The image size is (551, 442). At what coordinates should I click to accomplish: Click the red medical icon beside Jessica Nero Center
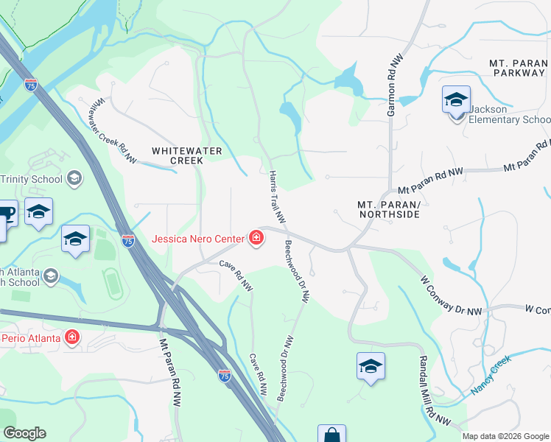point(256,237)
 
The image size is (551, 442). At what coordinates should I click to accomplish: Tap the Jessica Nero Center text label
point(199,238)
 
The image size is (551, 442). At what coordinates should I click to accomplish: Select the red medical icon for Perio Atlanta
point(72,338)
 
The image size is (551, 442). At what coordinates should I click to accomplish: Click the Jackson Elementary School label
point(509,114)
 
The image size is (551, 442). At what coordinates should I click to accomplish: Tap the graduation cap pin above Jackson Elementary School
point(456,99)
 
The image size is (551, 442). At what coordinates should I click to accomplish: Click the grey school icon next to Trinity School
point(74,178)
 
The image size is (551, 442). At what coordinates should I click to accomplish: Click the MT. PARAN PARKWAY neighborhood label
point(517,69)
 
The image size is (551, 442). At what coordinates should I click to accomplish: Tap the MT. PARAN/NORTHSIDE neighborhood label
point(388,208)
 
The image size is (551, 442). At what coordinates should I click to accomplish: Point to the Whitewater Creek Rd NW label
point(115,133)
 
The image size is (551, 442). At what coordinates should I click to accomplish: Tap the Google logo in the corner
point(24,433)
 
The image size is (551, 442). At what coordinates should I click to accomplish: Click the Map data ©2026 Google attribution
point(505,436)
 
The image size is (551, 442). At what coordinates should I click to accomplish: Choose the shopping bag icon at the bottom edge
point(331,435)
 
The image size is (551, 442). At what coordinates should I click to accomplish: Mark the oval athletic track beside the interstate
point(113,284)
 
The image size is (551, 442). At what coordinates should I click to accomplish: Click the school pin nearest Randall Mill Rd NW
point(371,367)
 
